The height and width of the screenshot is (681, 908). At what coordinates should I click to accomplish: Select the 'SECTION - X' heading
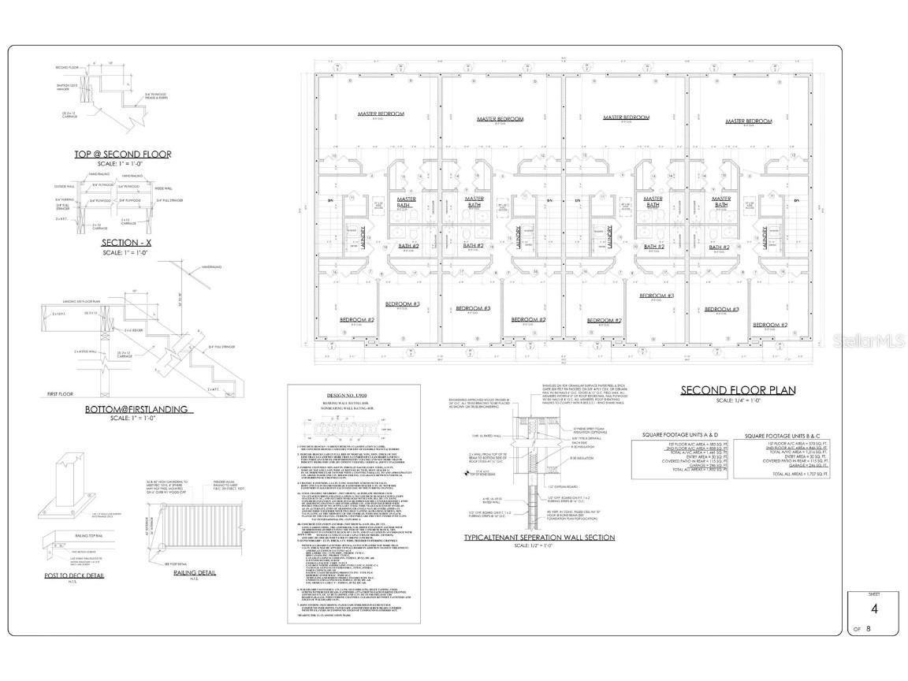click(x=122, y=242)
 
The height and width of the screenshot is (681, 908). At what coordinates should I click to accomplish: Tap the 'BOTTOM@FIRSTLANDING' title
click(x=136, y=409)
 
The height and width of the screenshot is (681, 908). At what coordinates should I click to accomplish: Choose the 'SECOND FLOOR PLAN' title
click(x=738, y=390)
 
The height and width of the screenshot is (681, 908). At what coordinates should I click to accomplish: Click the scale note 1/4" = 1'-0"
click(x=738, y=400)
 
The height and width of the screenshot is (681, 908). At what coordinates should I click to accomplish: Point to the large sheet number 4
click(x=873, y=587)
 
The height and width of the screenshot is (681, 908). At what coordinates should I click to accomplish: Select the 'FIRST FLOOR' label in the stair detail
click(x=62, y=393)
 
